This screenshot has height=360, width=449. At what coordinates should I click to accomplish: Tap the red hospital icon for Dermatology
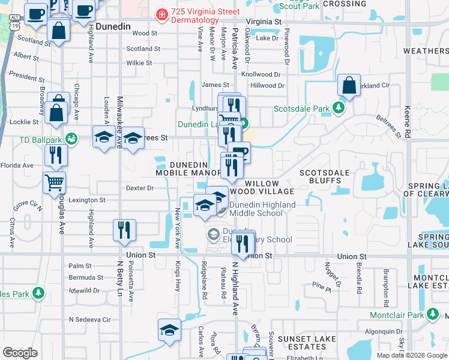(161, 13)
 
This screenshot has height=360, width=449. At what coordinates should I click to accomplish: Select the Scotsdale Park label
(302, 109)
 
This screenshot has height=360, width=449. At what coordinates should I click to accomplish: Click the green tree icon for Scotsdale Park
(339, 109)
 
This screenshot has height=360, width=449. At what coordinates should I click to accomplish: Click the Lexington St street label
(87, 200)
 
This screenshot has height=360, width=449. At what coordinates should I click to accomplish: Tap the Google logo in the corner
(20, 353)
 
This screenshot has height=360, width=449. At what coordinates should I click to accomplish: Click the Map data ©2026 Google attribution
(411, 355)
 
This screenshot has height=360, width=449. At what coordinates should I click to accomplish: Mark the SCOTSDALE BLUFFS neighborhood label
(325, 176)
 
